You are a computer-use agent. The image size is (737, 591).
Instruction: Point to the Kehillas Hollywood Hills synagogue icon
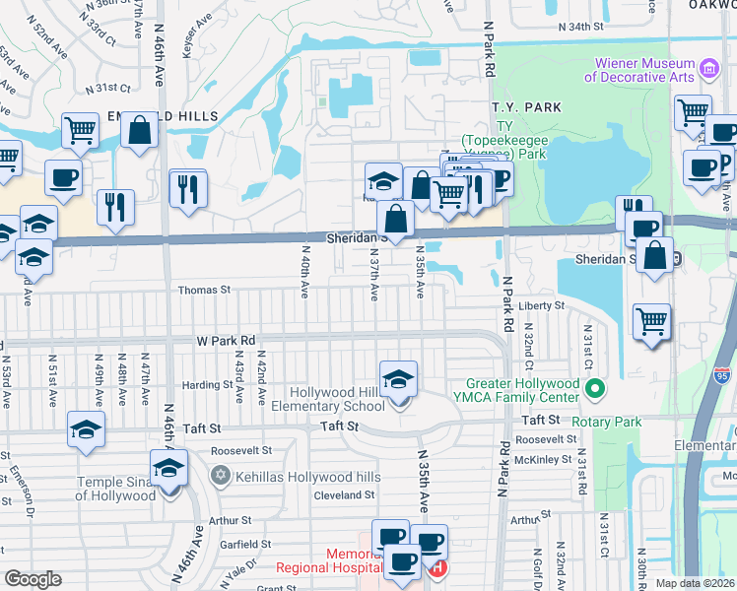point(220,476)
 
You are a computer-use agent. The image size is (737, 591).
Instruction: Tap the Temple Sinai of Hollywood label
point(116,489)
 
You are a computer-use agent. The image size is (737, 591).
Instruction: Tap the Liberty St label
point(545,306)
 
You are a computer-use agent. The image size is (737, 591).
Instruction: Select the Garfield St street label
point(224,544)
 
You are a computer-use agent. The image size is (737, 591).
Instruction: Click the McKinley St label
point(543,459)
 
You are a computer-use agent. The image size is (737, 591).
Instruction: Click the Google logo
point(33,579)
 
